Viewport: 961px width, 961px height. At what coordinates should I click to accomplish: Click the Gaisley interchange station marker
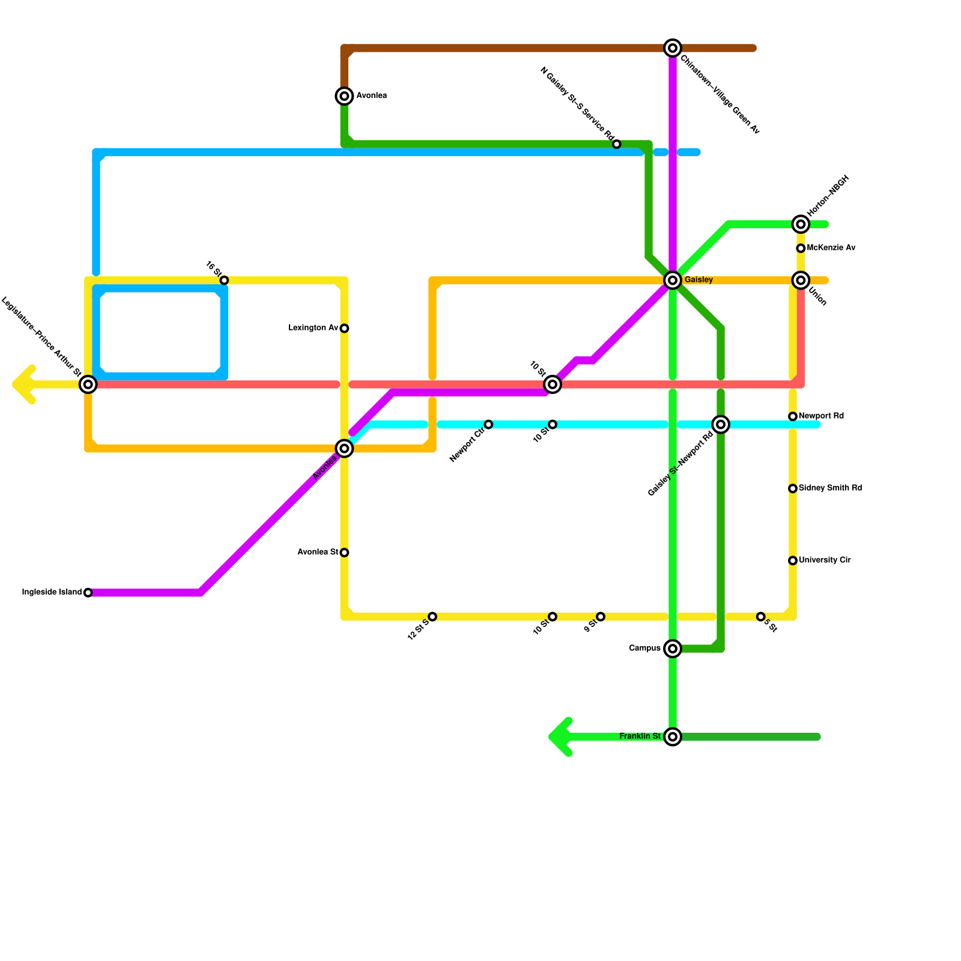click(673, 280)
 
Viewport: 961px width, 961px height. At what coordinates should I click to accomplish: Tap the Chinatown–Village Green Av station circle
click(673, 48)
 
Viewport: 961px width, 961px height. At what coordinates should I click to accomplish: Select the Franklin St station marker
click(673, 737)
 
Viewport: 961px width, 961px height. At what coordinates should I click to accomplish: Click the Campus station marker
click(673, 649)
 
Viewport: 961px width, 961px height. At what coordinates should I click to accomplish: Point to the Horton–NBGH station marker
click(801, 224)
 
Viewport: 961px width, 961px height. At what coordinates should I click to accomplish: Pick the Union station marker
click(801, 280)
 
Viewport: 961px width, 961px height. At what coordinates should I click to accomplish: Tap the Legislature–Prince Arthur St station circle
click(88, 384)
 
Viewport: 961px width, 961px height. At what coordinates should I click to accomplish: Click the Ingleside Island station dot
click(88, 593)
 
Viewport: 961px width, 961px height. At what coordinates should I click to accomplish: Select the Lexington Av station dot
click(344, 329)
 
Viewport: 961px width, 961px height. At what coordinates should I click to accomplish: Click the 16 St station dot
click(224, 280)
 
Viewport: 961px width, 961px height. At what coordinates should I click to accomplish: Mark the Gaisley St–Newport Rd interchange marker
click(721, 425)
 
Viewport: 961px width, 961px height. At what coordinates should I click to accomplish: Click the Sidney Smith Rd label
click(830, 488)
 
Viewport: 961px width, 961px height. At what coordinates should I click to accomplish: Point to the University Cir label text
click(825, 560)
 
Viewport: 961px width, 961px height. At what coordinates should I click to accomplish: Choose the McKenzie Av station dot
click(801, 248)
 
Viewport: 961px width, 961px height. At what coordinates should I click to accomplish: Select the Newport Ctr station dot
click(488, 425)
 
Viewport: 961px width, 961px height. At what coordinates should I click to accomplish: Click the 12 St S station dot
click(432, 617)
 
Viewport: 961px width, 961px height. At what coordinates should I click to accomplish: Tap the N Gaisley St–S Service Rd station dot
click(617, 144)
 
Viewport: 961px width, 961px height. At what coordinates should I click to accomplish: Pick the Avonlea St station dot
click(344, 553)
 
